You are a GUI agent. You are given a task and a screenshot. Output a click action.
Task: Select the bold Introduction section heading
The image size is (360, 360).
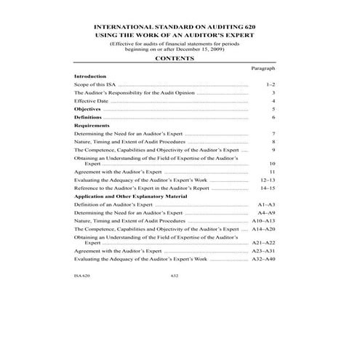click(x=90, y=76)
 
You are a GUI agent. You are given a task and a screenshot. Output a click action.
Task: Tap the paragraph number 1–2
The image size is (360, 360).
click(x=270, y=85)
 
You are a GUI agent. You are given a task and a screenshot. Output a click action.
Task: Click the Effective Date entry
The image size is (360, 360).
click(x=91, y=101)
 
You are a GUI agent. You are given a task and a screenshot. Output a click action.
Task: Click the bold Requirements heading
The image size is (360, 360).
click(x=92, y=125)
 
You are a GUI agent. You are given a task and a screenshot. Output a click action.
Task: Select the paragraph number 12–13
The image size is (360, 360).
click(x=267, y=179)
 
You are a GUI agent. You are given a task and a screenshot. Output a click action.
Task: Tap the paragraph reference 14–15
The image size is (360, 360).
click(x=267, y=188)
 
